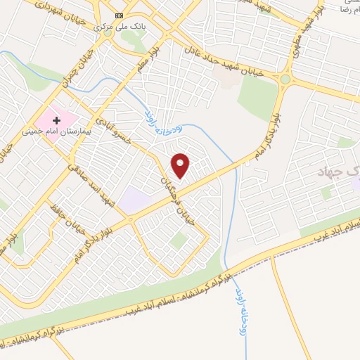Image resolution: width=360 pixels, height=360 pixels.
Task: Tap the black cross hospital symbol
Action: point(57,120)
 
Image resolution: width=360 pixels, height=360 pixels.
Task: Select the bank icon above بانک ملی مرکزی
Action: point(119,15)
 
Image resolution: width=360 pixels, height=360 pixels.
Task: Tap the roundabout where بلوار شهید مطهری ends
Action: point(285,79)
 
